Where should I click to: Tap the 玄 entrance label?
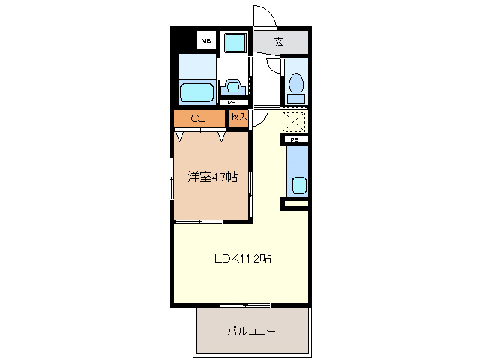click(278, 42)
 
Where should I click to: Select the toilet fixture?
click(295, 87)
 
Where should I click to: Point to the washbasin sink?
click(232, 87)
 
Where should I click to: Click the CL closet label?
click(198, 118)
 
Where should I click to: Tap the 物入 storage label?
click(238, 118)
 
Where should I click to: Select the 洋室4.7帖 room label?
click(212, 178)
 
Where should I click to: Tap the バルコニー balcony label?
click(252, 331)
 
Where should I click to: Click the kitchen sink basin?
click(298, 184)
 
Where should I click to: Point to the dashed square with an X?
click(294, 121)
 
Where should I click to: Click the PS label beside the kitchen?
click(295, 139)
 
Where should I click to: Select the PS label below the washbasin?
click(232, 103)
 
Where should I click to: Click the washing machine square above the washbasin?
click(237, 43)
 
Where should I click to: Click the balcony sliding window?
click(245, 304)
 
